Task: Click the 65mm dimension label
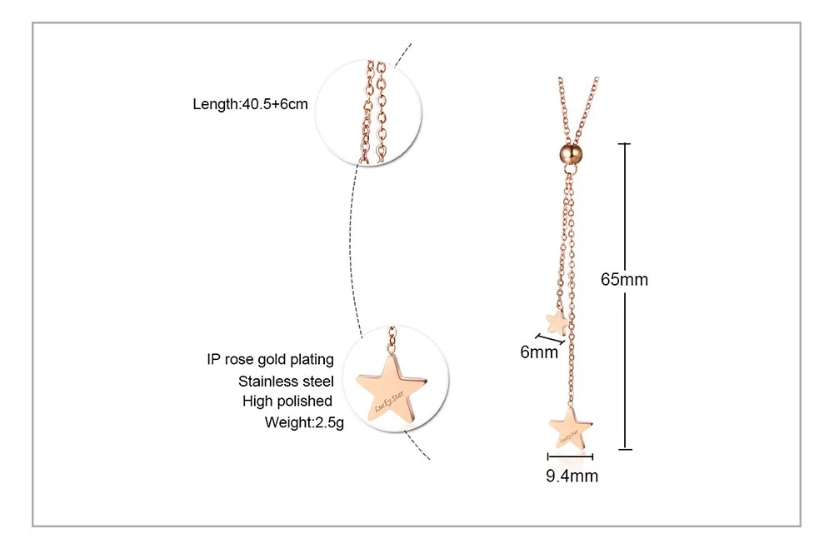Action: (624, 280)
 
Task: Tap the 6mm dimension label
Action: (539, 352)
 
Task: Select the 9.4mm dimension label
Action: (572, 477)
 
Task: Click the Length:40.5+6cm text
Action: (251, 104)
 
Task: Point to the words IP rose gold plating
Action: (270, 360)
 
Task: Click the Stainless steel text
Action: (286, 382)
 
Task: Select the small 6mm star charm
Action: (556, 321)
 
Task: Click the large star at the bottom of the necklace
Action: (571, 428)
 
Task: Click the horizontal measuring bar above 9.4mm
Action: (571, 457)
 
